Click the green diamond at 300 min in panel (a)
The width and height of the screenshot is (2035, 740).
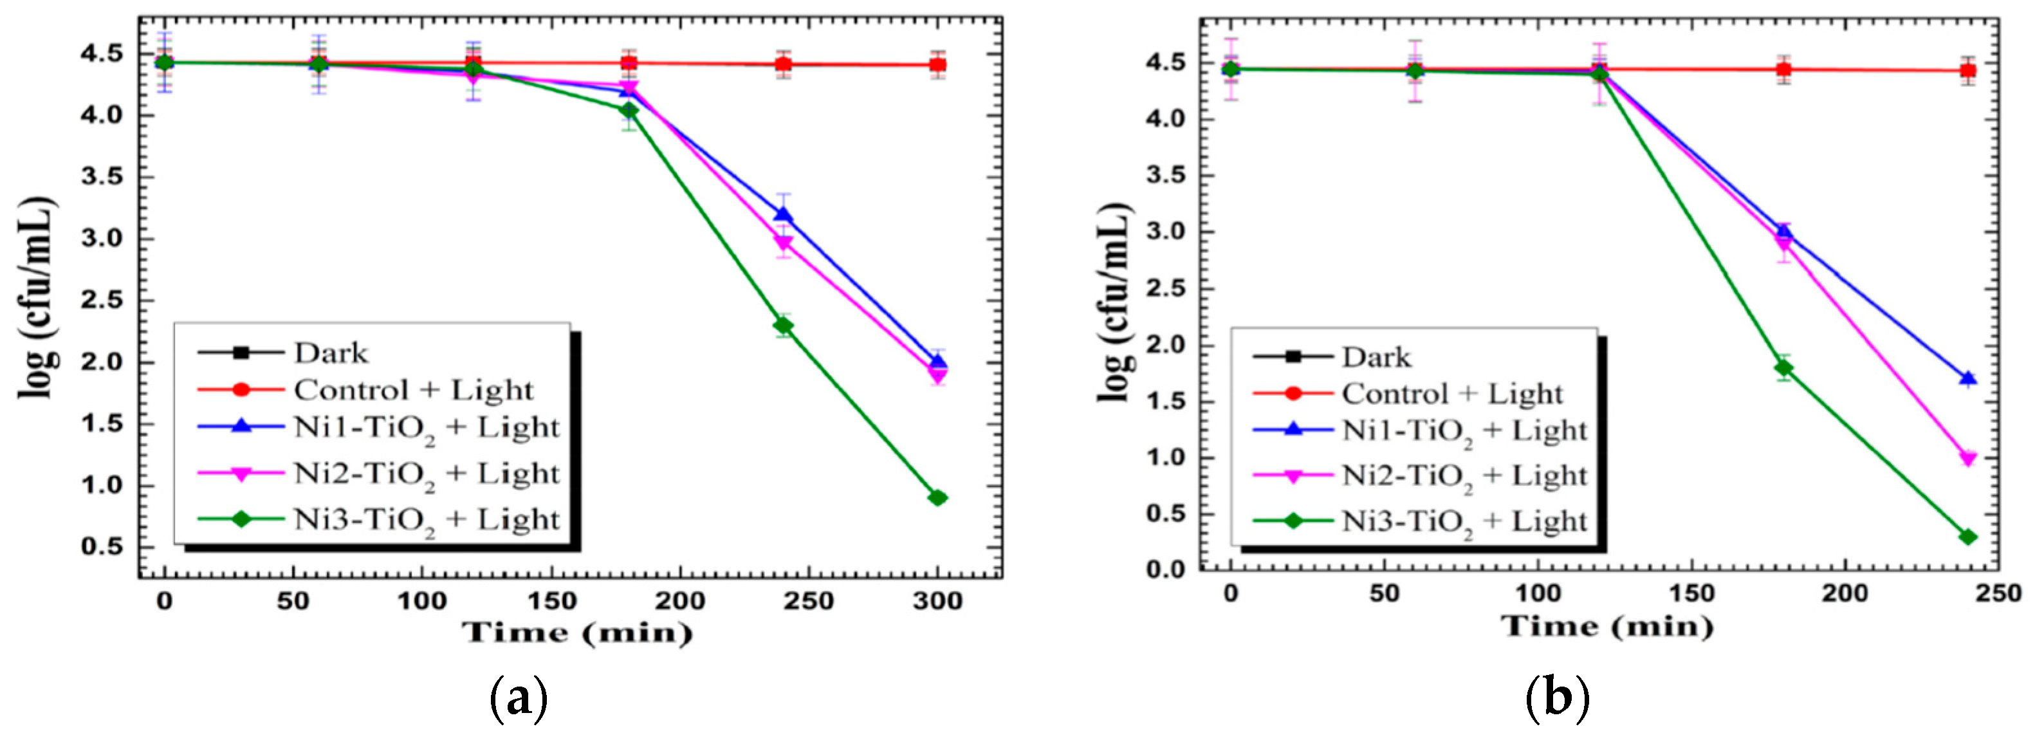click(x=937, y=497)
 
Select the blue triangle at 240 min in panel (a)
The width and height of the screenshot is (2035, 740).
click(x=783, y=215)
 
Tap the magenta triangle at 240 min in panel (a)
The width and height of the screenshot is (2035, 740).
click(x=783, y=243)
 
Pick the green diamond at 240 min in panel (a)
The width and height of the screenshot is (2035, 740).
click(x=783, y=326)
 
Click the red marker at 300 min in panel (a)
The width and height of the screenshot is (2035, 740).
click(x=937, y=65)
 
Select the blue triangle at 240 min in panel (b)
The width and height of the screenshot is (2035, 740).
click(x=1968, y=378)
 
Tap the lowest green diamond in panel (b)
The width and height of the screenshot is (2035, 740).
click(x=1968, y=537)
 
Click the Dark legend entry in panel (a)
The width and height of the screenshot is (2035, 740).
click(x=330, y=353)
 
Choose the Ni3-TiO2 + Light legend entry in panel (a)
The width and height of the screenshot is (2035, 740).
click(x=427, y=520)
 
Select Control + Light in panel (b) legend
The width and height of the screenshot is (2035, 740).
click(x=1452, y=393)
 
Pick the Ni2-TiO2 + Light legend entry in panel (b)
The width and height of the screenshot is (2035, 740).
click(x=1464, y=476)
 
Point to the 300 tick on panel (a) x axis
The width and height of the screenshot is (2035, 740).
click(x=937, y=602)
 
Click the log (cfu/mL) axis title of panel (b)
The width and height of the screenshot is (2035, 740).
click(x=1116, y=302)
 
